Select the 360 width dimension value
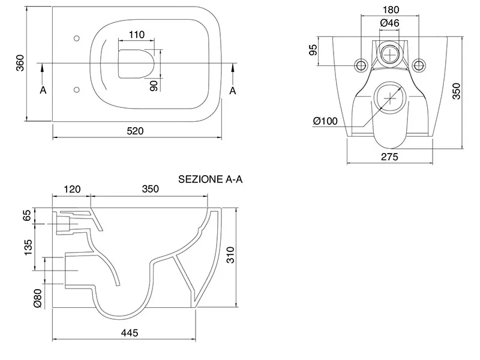pos(20,64)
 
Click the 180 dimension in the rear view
pos(390,10)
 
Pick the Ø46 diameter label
pos(390,23)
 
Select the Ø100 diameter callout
pos(325,121)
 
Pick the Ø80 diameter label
pos(37,298)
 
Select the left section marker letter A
pos(43,90)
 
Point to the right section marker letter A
pos(233,90)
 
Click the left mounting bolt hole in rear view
pos(362,64)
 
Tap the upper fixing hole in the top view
pos(76,38)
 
